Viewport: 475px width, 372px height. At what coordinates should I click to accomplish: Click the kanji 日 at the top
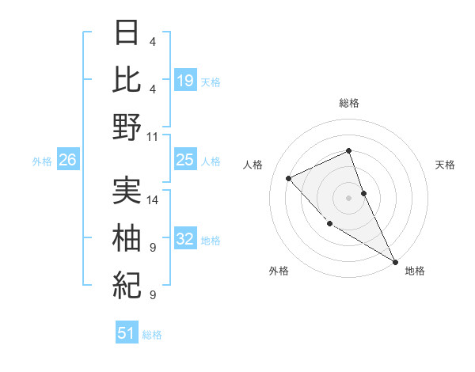pyautogui.click(x=127, y=34)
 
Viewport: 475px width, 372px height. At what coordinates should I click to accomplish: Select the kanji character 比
pyautogui.click(x=127, y=80)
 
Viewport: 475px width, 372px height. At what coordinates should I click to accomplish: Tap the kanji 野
pyautogui.click(x=127, y=127)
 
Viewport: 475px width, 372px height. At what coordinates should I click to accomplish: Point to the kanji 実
pyautogui.click(x=127, y=190)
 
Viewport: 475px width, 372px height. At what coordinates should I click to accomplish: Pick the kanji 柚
pyautogui.click(x=127, y=237)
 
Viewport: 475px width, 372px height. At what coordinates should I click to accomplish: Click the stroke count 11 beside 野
pyautogui.click(x=153, y=136)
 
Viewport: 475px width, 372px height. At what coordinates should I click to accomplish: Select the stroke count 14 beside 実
pyautogui.click(x=154, y=199)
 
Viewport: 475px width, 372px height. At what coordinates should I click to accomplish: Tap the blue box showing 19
pyautogui.click(x=184, y=80)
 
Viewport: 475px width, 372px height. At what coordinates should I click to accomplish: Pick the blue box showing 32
pyautogui.click(x=184, y=239)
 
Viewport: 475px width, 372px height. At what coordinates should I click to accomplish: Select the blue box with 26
pyautogui.click(x=67, y=161)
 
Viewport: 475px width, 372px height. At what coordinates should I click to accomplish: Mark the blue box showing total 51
pyautogui.click(x=127, y=333)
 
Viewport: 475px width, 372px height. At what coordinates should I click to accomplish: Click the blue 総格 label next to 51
pyautogui.click(x=152, y=335)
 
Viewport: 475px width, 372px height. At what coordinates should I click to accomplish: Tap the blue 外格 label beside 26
pyautogui.click(x=42, y=161)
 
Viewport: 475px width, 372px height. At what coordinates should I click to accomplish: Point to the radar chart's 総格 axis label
pyautogui.click(x=349, y=103)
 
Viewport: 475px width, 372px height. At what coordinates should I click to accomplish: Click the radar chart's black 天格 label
pyautogui.click(x=445, y=165)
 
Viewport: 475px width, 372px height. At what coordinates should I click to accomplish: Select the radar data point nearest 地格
pyautogui.click(x=395, y=260)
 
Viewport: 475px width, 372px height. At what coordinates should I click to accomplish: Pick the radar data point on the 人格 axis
pyautogui.click(x=289, y=178)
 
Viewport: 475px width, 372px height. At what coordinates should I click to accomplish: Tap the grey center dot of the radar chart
pyautogui.click(x=348, y=197)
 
